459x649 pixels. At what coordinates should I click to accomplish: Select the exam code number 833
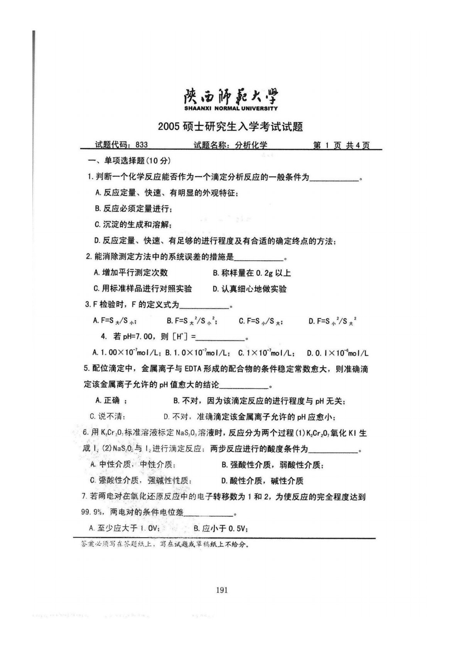coord(142,145)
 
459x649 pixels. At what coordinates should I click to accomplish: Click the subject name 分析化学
coord(251,145)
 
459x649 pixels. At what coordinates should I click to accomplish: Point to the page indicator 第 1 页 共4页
coord(341,145)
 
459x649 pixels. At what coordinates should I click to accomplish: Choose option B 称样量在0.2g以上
coord(251,273)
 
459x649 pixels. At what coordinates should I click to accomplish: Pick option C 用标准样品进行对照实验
coord(143,289)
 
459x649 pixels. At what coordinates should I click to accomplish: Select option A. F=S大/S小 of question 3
coord(114,321)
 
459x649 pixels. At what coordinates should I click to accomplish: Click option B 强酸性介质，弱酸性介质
coord(272,465)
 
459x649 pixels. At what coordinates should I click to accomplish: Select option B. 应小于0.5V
coord(220,529)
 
